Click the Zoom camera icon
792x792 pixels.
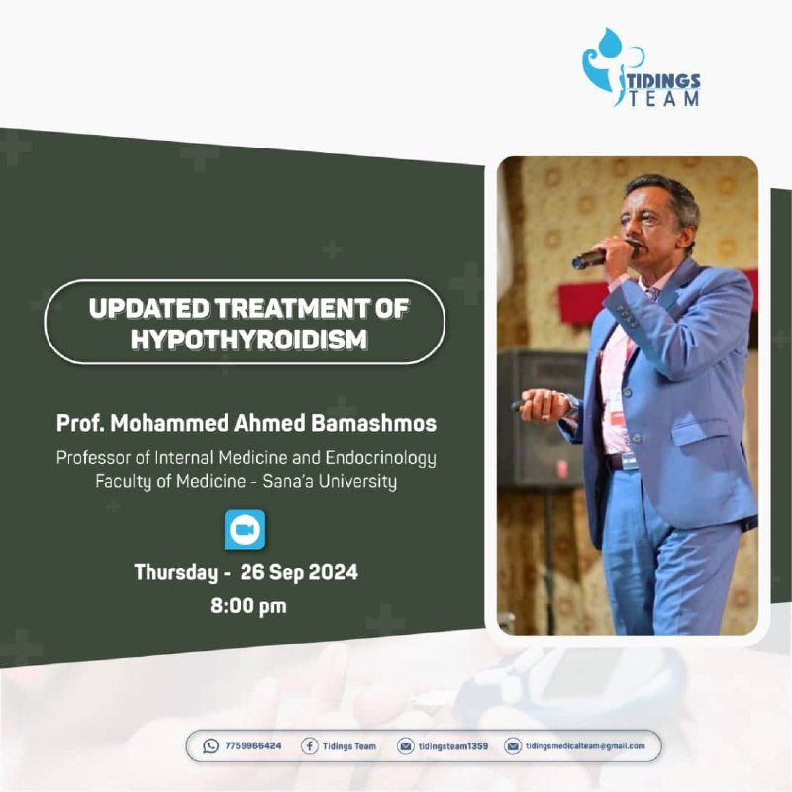(245, 530)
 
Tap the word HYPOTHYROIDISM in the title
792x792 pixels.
(249, 339)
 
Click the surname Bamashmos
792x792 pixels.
(373, 423)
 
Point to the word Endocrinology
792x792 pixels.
(380, 458)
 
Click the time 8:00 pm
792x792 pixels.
(248, 605)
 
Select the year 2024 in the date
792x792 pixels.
(334, 572)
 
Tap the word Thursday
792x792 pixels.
(176, 573)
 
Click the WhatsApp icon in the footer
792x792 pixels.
(211, 746)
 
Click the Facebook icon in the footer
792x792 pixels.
(309, 746)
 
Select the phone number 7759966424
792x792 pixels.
(253, 746)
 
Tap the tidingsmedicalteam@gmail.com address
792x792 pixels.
(585, 746)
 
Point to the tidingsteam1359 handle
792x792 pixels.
(453, 746)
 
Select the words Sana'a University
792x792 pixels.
(330, 481)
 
